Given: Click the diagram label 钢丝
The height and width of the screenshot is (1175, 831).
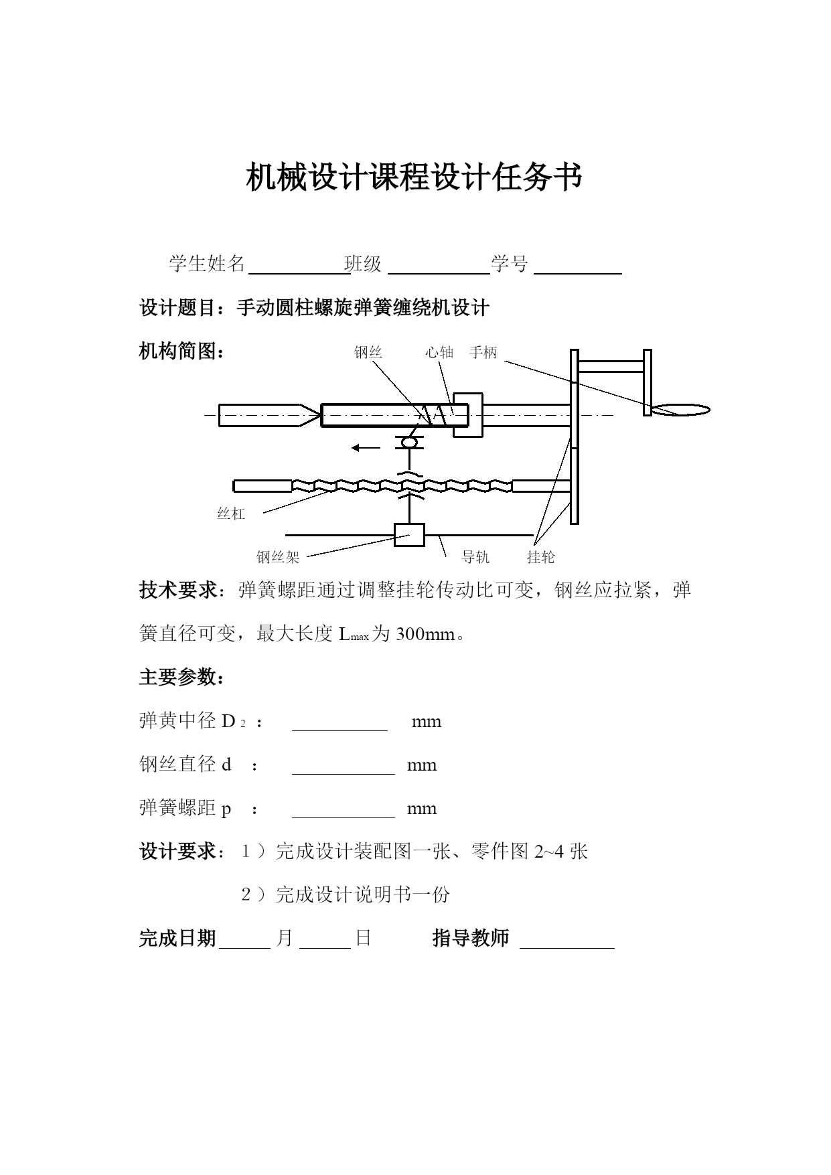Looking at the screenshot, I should (368, 352).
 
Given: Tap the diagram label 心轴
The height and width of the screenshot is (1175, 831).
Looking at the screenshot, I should (439, 352).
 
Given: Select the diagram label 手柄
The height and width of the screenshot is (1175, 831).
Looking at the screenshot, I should (483, 352).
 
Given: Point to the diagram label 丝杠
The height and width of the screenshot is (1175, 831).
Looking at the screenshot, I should (231, 514).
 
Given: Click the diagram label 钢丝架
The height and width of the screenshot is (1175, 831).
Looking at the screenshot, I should (278, 557).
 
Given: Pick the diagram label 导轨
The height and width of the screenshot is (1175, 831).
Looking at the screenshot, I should (475, 557).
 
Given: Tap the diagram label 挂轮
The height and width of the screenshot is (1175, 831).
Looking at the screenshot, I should (540, 557).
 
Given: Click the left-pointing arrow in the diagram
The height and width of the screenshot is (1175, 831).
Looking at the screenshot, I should (366, 448).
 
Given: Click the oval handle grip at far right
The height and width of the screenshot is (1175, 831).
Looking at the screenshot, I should (683, 410).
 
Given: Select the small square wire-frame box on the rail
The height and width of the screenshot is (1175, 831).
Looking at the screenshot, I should (409, 535).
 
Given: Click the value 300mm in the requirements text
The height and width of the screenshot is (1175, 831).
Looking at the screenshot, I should (425, 634).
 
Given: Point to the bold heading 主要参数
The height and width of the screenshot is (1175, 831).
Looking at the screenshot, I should (181, 678).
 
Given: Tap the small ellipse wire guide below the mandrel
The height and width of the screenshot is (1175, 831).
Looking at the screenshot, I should (409, 442).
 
